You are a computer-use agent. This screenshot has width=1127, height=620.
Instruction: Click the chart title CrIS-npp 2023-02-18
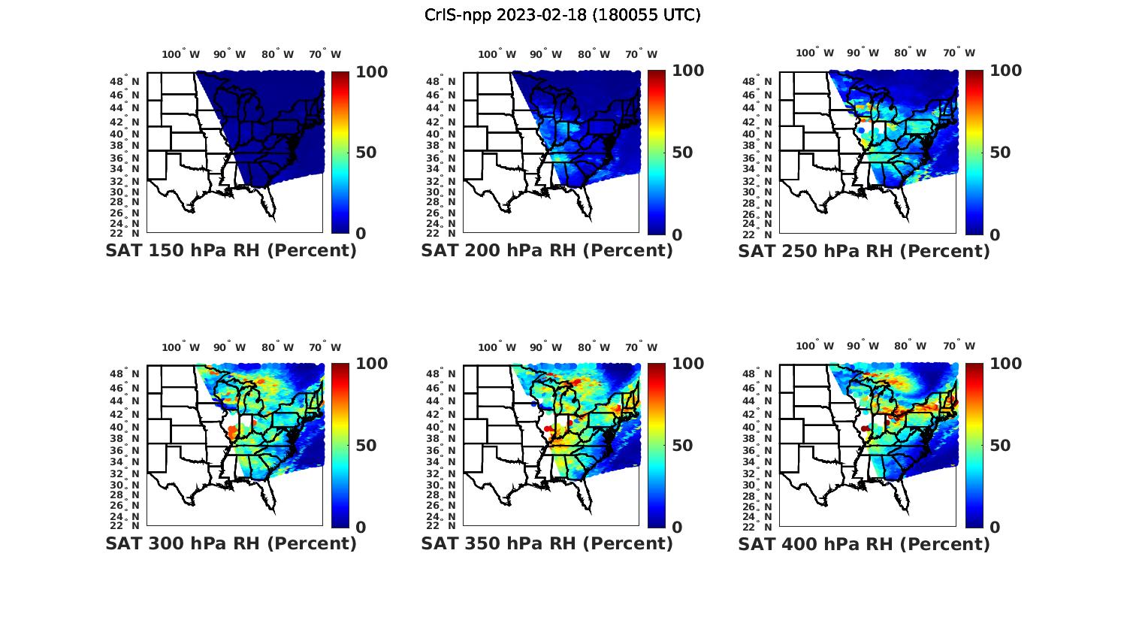(x=563, y=15)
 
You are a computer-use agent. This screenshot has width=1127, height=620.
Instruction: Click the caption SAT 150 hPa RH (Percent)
(x=231, y=251)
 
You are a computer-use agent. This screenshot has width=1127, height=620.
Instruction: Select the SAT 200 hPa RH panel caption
(x=547, y=251)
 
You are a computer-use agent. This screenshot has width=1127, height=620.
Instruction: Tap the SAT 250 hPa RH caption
(x=864, y=251)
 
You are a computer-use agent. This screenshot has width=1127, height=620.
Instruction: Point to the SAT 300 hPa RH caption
(x=231, y=543)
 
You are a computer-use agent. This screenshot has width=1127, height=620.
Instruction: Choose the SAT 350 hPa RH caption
(x=547, y=543)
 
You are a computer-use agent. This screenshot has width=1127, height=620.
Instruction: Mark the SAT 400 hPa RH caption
(x=864, y=543)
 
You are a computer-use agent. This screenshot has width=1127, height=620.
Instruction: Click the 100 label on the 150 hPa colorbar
(x=371, y=71)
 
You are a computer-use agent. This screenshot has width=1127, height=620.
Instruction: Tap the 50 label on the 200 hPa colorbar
(x=682, y=153)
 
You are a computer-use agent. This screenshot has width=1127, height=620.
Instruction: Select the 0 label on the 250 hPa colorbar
(x=995, y=234)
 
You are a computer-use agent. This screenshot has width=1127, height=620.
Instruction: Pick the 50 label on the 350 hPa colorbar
(x=682, y=445)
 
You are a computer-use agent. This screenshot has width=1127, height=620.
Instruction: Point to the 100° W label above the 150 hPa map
(x=181, y=54)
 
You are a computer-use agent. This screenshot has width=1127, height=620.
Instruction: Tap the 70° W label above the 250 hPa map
(x=959, y=53)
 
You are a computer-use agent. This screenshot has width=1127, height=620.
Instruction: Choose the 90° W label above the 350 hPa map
(x=545, y=347)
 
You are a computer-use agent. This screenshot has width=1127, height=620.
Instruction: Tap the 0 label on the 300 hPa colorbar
(x=361, y=527)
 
